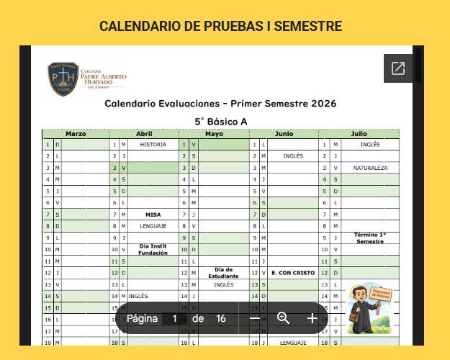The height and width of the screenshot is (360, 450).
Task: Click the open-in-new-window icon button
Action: pos(398,68)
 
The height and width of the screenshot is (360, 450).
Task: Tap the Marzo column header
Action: pos(76,134)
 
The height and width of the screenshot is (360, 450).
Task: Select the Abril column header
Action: pos(144,134)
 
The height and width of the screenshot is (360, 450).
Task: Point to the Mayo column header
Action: pos(214,134)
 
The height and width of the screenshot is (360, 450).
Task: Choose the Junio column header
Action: pos(284,134)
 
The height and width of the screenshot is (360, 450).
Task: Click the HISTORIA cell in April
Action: pos(153,145)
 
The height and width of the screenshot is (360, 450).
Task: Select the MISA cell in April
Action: pos(153,215)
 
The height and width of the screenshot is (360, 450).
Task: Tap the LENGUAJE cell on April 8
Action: pos(153,226)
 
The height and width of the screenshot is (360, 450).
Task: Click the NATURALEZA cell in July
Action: pos(370,168)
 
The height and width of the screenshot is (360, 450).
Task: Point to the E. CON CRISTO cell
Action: pos(293,273)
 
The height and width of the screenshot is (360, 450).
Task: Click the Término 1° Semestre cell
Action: pos(370,238)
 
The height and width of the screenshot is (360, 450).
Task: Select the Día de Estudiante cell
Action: pos(223,273)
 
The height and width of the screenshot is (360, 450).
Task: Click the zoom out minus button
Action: pos(254,318)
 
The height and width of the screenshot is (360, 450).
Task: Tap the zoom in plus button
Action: pos(312,318)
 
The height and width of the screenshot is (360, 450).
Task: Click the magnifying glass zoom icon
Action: pos(283,318)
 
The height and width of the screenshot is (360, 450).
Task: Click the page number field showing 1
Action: pos(174,318)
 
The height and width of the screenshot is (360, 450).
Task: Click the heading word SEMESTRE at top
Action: pos(302,27)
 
